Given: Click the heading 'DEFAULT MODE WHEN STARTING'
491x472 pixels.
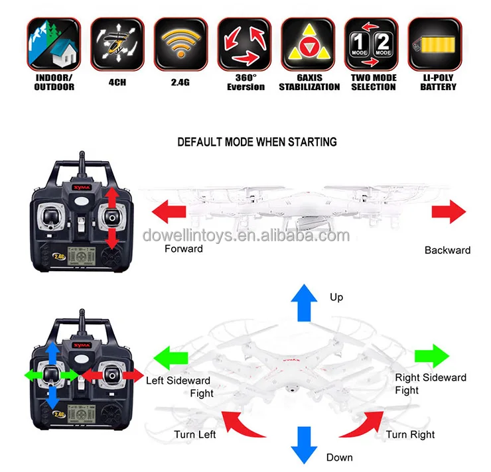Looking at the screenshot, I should point(257,142).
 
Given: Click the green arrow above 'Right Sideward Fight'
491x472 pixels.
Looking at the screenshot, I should point(432,355).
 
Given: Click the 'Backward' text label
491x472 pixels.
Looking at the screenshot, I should point(447,250).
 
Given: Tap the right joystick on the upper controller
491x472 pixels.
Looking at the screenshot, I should point(111,217).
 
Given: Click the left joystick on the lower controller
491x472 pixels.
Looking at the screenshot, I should point(50,375).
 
